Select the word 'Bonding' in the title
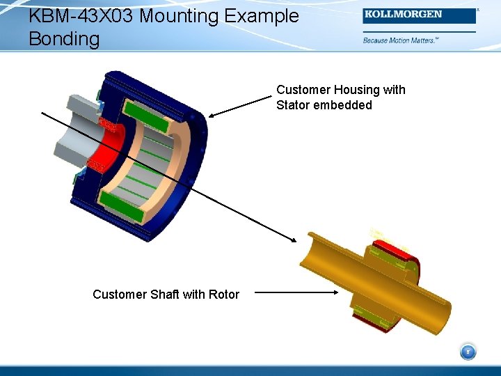[x=64, y=39]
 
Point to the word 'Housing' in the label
[x=358, y=90]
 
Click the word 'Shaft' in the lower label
[x=166, y=295]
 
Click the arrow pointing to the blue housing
[x=241, y=107]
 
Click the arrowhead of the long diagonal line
[x=292, y=237]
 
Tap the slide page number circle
[x=468, y=352]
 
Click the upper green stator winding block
[x=146, y=116]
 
